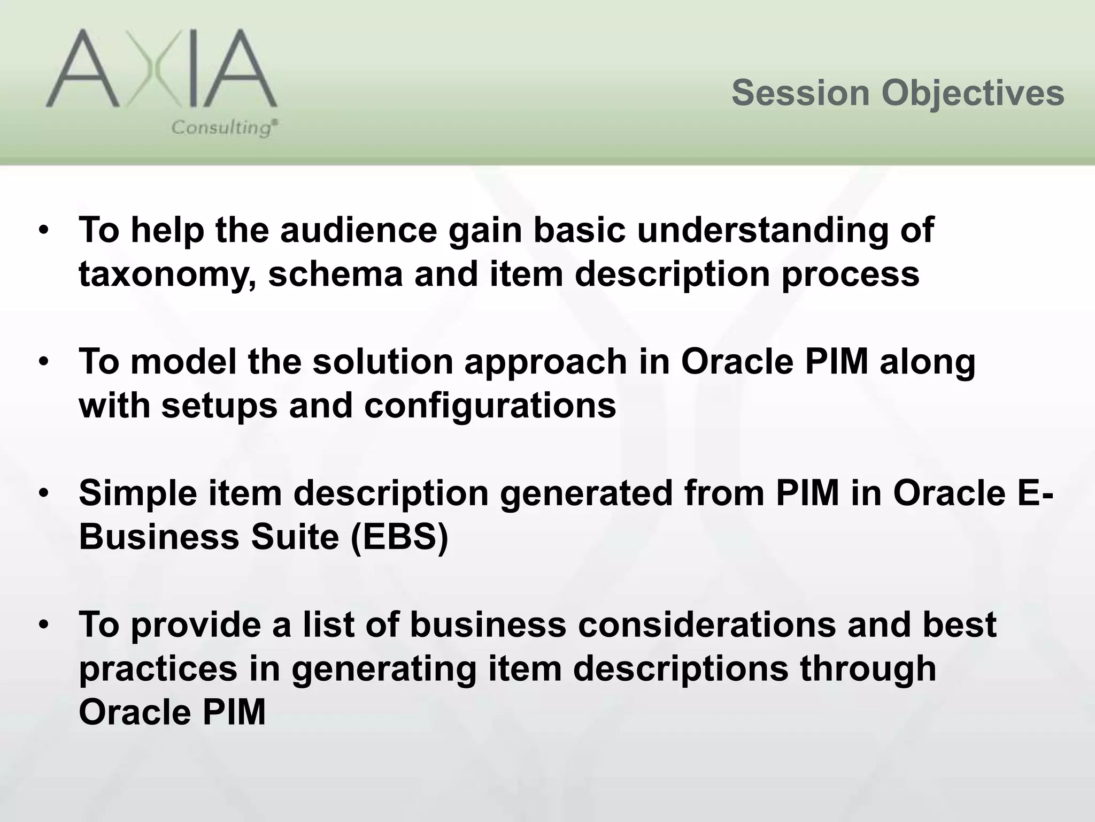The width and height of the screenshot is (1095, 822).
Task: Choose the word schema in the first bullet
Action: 335,274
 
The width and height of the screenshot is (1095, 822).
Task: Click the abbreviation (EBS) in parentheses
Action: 399,537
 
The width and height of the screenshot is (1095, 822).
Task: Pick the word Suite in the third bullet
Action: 295,537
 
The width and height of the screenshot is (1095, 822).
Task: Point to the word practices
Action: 158,669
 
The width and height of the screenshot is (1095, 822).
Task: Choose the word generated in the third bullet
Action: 586,493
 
